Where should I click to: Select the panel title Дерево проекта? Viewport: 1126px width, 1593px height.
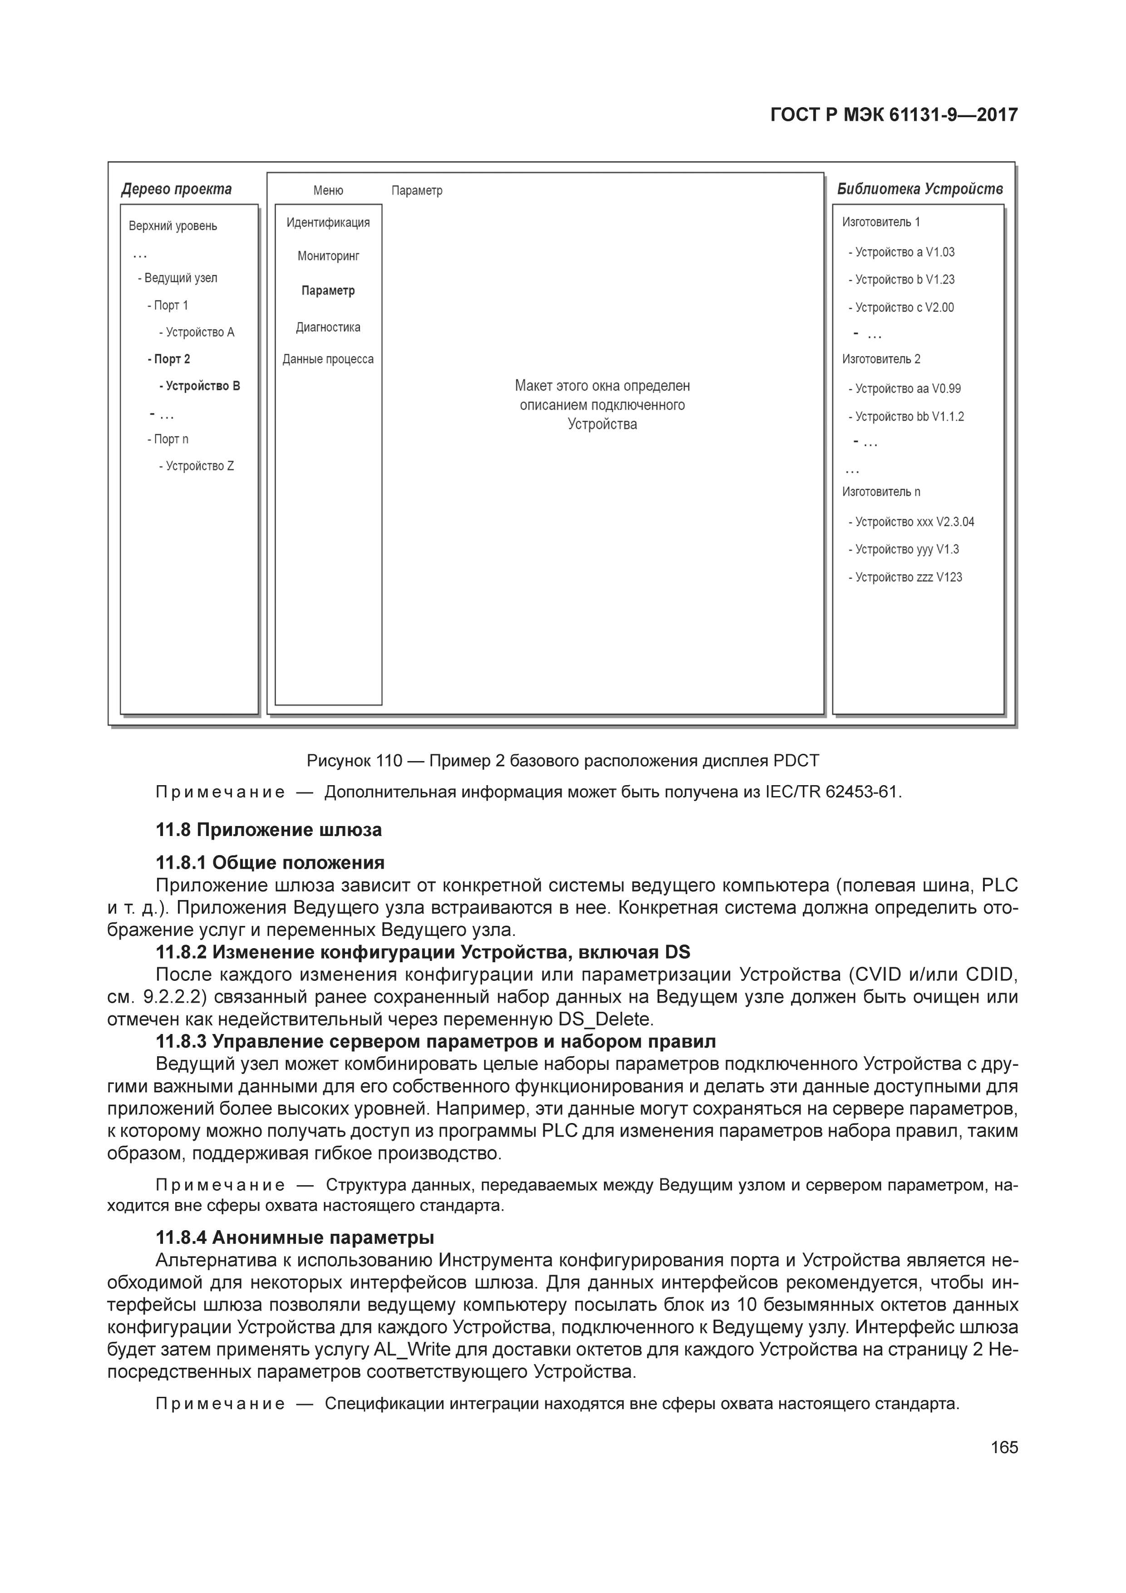tap(176, 189)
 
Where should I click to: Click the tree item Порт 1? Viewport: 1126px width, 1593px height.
tap(168, 305)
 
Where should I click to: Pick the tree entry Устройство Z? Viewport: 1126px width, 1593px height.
tap(197, 466)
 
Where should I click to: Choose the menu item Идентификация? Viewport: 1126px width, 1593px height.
tap(328, 223)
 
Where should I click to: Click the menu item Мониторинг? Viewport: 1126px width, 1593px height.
tap(328, 256)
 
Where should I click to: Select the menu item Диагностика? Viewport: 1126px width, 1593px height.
tap(328, 327)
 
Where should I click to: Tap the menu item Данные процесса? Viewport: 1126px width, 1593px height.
tap(328, 359)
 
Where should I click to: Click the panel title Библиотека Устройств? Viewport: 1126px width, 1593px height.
tap(920, 189)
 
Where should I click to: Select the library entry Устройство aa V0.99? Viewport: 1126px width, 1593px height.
tap(905, 389)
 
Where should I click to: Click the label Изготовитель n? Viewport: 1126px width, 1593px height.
tap(881, 492)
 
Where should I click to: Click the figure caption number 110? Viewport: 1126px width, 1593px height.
tap(389, 761)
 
